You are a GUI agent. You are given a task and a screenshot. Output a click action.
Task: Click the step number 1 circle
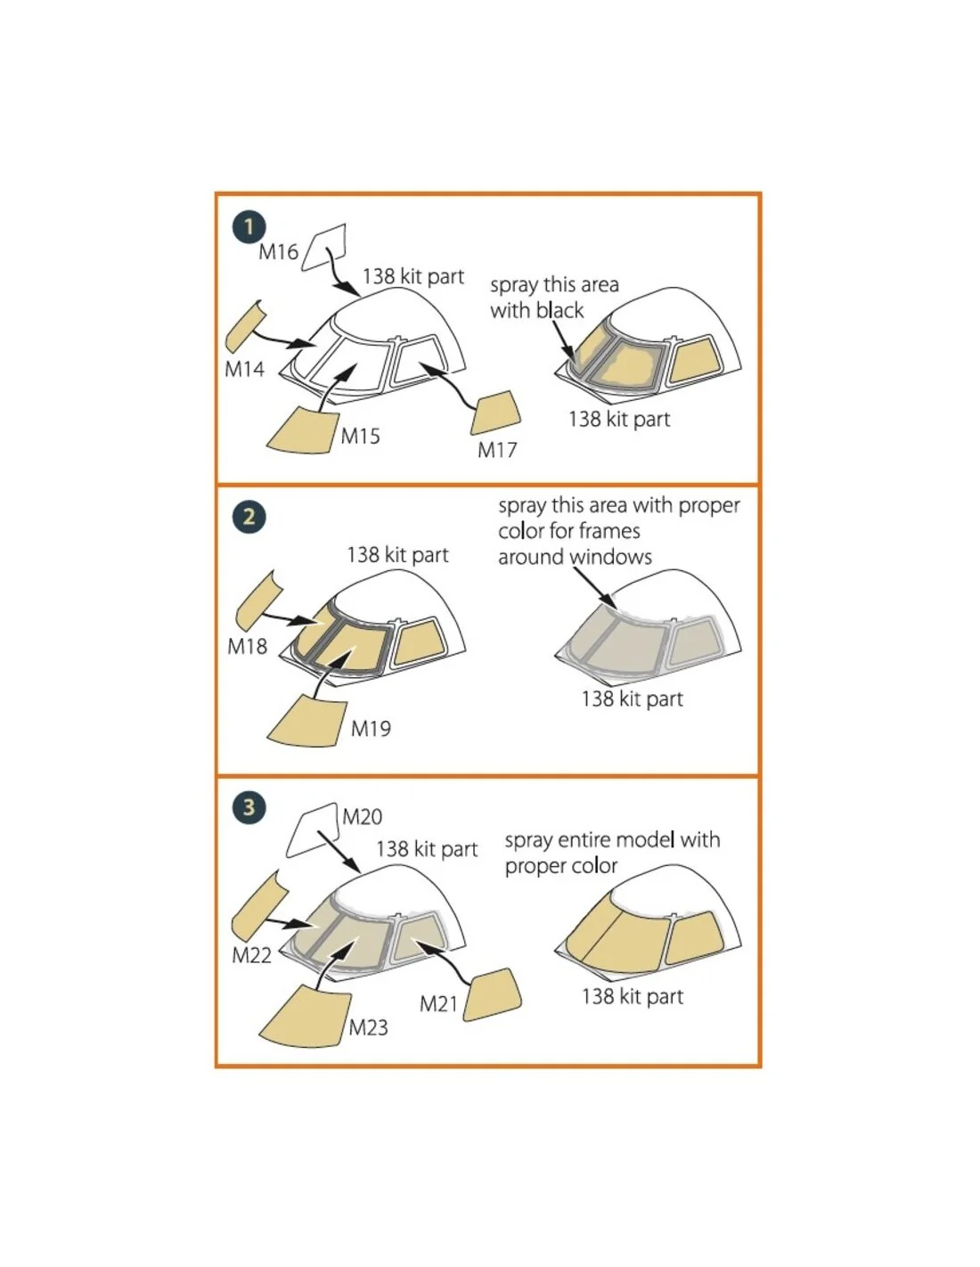pyautogui.click(x=249, y=227)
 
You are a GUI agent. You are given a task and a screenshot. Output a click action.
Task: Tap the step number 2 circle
pyautogui.click(x=249, y=517)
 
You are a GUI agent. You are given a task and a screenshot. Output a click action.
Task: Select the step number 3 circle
pyautogui.click(x=249, y=807)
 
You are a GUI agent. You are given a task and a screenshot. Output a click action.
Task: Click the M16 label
pyautogui.click(x=278, y=252)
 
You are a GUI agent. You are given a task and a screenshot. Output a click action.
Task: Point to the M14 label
pyautogui.click(x=244, y=369)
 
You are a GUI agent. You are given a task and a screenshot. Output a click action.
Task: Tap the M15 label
pyautogui.click(x=360, y=436)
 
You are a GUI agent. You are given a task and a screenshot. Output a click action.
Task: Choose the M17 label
pyautogui.click(x=497, y=450)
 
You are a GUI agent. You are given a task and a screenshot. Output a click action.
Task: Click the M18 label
pyautogui.click(x=247, y=645)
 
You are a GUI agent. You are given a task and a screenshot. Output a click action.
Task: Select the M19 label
pyautogui.click(x=371, y=728)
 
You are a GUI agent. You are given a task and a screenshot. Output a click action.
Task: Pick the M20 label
pyautogui.click(x=362, y=817)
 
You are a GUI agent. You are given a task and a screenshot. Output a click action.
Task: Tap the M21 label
pyautogui.click(x=438, y=1003)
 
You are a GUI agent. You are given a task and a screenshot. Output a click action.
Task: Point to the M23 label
pyautogui.click(x=369, y=1027)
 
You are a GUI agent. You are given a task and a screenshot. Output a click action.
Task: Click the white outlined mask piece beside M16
pyautogui.click(x=323, y=247)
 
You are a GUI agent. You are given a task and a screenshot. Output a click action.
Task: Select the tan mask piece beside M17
pyautogui.click(x=495, y=413)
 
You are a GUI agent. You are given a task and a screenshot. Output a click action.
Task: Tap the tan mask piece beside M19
pyautogui.click(x=306, y=721)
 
